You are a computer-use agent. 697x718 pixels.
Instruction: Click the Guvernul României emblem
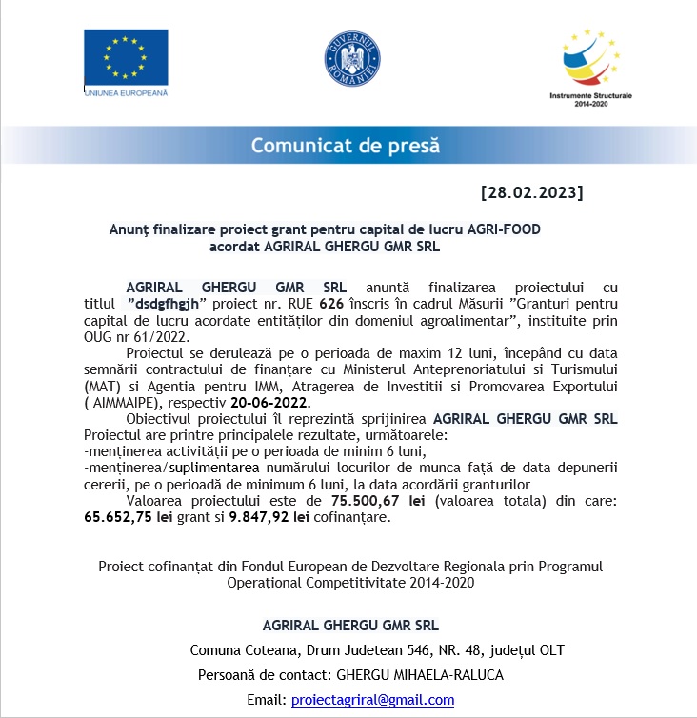click(x=352, y=62)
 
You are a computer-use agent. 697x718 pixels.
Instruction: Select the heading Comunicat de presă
click(x=345, y=146)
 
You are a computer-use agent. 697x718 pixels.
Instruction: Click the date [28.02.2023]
click(x=532, y=192)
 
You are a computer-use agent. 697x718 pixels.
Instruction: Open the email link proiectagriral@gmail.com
click(x=372, y=699)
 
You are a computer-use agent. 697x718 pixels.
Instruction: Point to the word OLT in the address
click(x=550, y=650)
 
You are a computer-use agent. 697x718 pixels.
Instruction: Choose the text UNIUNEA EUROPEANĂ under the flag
click(x=126, y=92)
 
